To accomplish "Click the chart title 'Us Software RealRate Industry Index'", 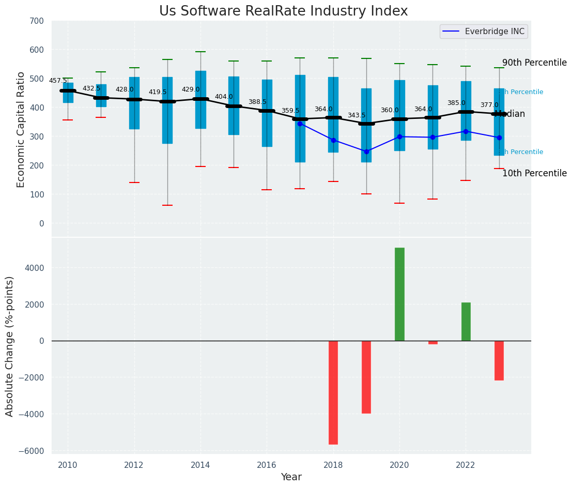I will pos(283,11).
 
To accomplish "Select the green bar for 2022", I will pos(466,321).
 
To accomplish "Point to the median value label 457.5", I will pos(58,81).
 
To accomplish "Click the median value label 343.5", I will pos(357,115).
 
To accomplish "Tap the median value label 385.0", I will pos(456,103).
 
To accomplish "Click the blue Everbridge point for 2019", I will pos(366,151).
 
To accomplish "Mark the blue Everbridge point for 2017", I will pos(300,124).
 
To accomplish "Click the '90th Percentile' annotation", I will pos(534,63).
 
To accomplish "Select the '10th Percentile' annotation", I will pos(534,173).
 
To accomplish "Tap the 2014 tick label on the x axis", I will pos(200,465).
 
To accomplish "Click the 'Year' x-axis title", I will pos(291,477).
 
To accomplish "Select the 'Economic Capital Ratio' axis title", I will pos(21,129).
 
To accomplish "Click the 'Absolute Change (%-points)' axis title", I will pos(10,346).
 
